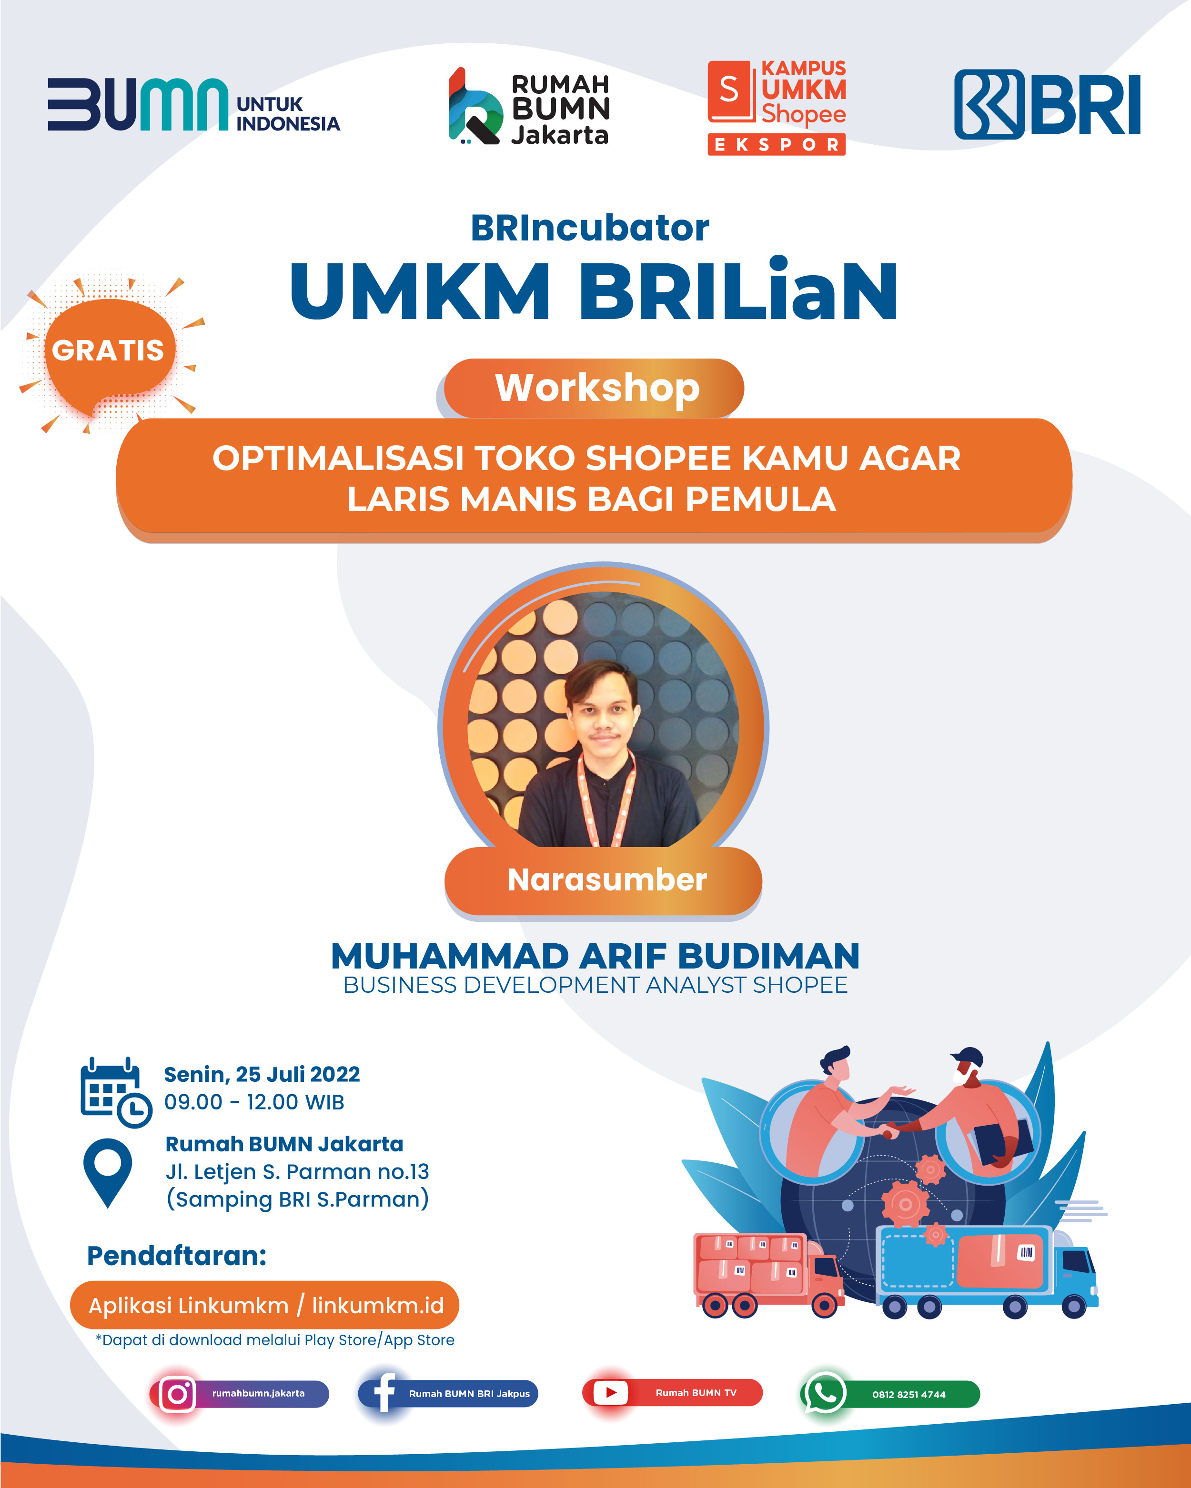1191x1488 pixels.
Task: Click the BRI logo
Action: (x=1047, y=104)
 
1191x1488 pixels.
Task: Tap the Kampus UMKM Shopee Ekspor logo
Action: (x=777, y=107)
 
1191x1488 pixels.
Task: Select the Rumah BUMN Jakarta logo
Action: (x=529, y=107)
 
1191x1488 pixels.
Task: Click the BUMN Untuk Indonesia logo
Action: (x=193, y=104)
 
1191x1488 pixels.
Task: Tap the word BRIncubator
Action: (x=590, y=228)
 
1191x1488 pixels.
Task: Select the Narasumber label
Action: (x=607, y=880)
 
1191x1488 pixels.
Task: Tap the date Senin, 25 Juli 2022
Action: (x=262, y=1075)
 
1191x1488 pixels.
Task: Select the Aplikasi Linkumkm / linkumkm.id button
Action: (x=264, y=1305)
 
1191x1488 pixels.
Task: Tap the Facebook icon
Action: (x=384, y=1393)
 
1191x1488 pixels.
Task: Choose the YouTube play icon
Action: (x=610, y=1393)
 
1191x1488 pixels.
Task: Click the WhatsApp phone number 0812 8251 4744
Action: (x=908, y=1395)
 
